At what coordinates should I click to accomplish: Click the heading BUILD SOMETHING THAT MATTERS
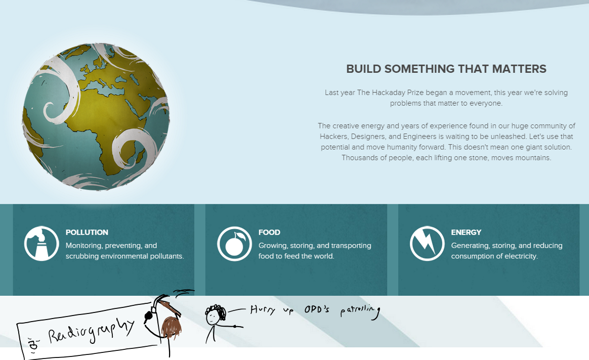[446, 69]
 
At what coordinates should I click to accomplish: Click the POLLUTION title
[87, 233]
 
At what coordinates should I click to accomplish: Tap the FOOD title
[269, 233]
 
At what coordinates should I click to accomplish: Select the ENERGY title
[466, 233]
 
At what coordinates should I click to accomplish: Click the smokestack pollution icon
[41, 243]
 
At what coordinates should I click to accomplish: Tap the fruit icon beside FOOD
[234, 244]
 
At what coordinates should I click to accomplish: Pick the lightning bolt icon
[427, 243]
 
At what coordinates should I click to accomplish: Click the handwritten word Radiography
[91, 331]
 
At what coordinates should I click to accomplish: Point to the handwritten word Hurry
[263, 309]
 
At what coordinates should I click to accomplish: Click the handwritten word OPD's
[317, 309]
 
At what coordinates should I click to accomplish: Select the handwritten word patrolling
[360, 312]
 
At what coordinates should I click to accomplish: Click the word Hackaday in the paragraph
[389, 93]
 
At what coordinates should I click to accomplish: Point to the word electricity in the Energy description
[520, 256]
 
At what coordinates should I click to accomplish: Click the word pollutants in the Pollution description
[167, 256]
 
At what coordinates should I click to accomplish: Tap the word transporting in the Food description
[351, 246]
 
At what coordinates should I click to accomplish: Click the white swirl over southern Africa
[134, 147]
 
